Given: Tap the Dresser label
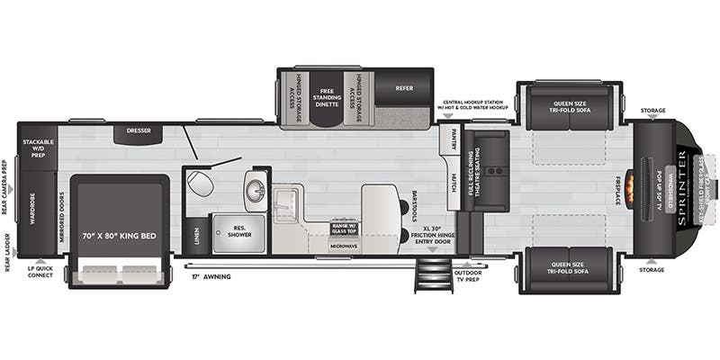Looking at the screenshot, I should click(138, 131).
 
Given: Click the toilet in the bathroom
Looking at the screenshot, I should click(202, 185).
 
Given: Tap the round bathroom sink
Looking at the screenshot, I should click(254, 191).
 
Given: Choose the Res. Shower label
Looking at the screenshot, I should click(238, 229).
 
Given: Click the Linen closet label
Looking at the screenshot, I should click(196, 236).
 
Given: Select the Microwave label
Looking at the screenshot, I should click(344, 246).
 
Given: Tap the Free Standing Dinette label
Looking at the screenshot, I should click(326, 96).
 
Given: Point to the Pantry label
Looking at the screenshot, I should click(454, 139).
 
